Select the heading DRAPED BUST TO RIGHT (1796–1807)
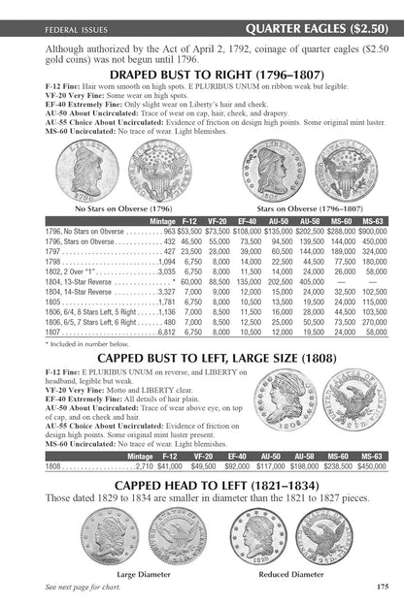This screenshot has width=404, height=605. (202, 74)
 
